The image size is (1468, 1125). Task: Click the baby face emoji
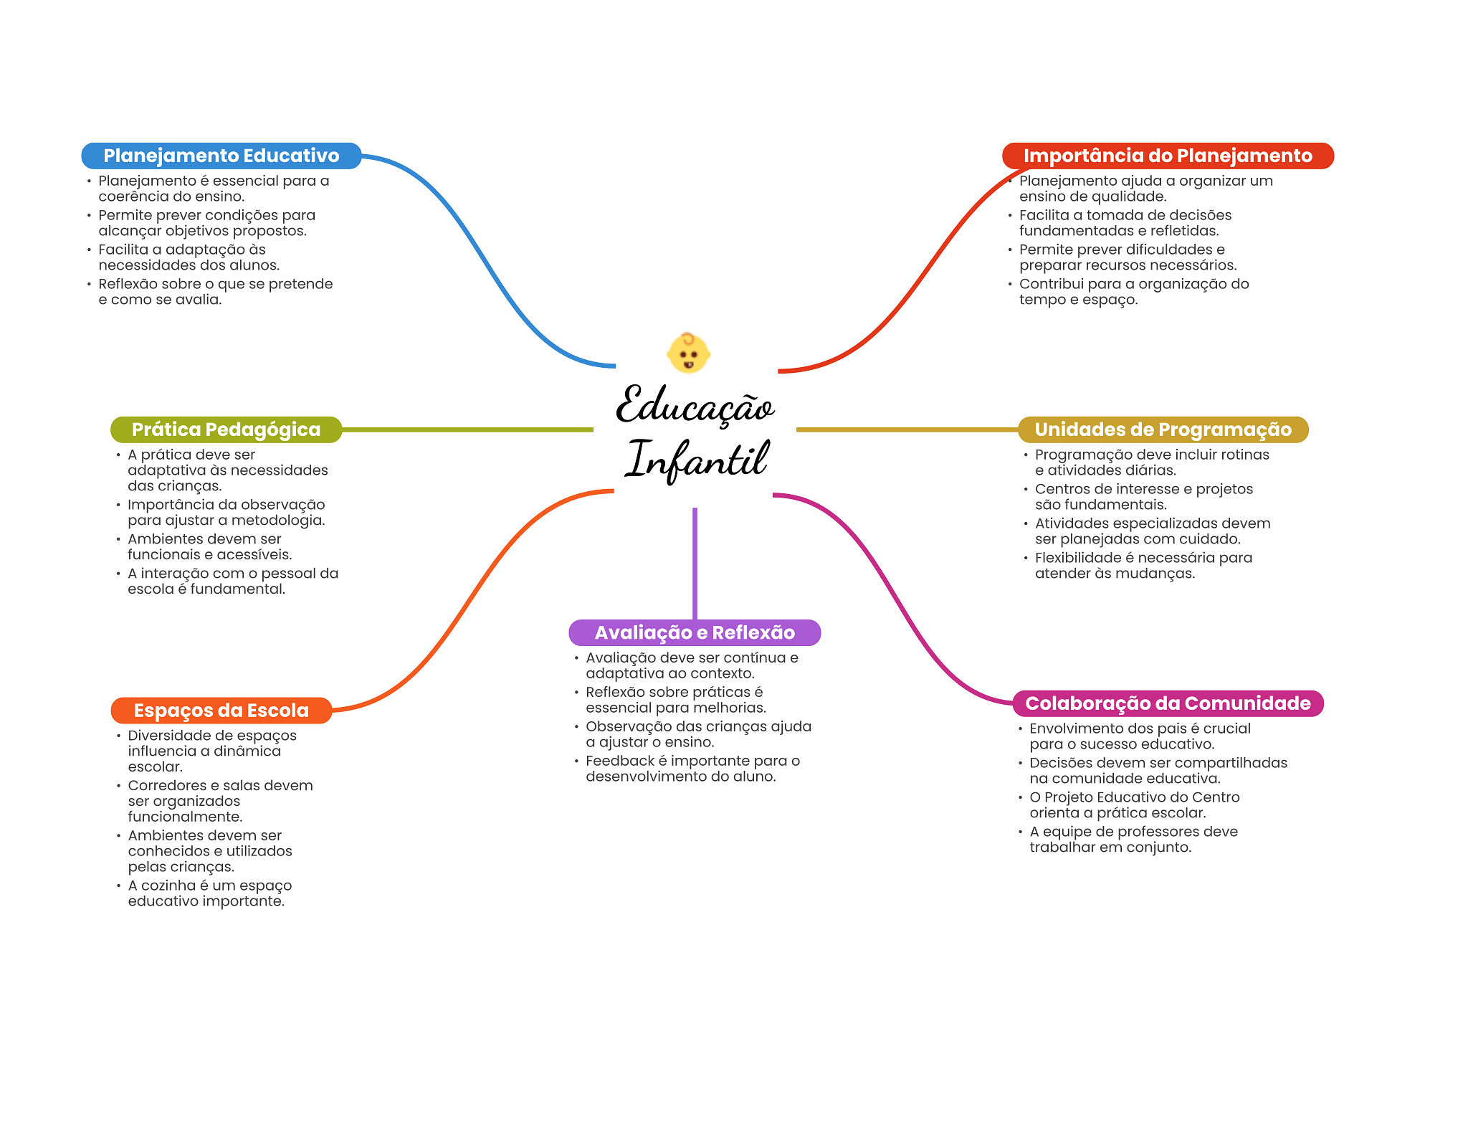coord(688,353)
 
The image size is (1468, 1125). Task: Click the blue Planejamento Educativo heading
coord(221,156)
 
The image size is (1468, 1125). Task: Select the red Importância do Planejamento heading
coord(1167,156)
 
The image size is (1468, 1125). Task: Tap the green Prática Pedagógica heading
coord(226,429)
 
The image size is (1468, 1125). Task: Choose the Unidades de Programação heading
coord(1163,429)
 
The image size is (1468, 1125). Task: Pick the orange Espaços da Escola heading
coord(221,711)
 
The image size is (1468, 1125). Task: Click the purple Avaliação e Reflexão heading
coord(694,632)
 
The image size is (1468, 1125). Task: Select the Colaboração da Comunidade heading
coord(1168,703)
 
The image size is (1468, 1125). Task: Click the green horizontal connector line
coord(466,429)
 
